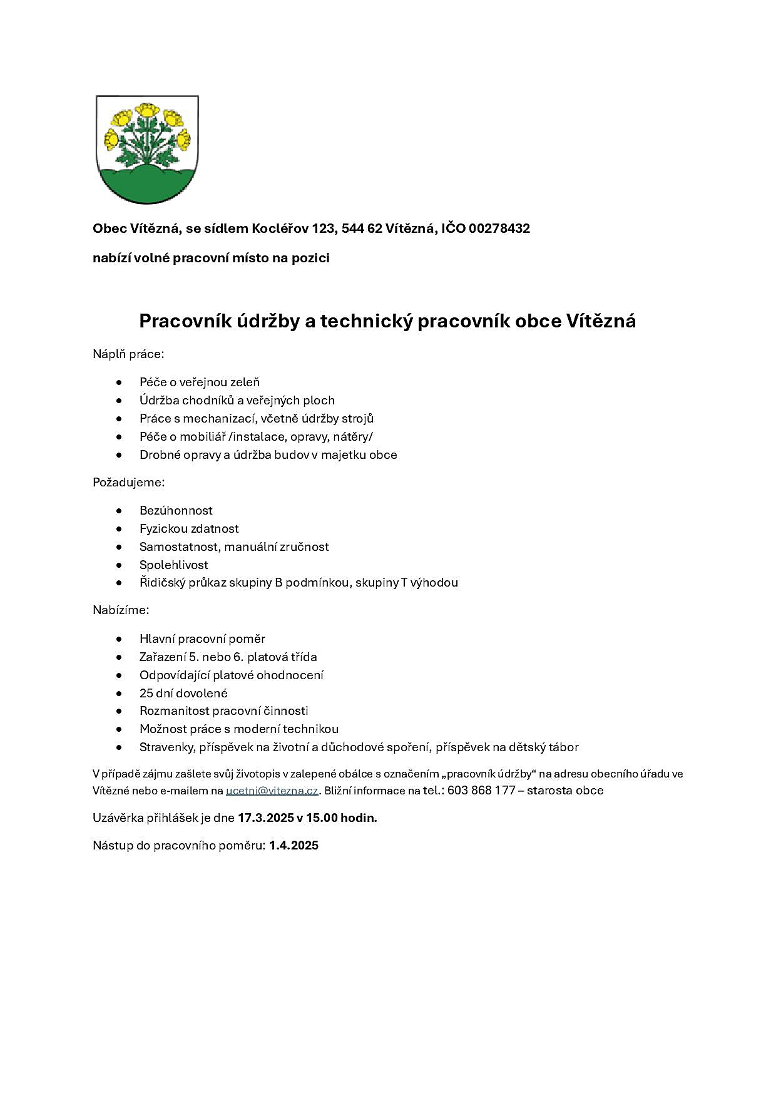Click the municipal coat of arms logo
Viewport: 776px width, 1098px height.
click(147, 149)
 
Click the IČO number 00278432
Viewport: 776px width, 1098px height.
click(499, 228)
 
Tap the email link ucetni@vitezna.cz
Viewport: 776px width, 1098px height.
click(272, 791)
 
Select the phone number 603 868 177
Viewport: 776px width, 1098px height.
click(481, 791)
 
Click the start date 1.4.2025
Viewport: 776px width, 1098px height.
click(294, 846)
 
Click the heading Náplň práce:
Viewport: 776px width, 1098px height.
click(128, 354)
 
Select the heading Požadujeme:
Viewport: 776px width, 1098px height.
click(128, 483)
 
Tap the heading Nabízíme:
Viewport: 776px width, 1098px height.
click(121, 610)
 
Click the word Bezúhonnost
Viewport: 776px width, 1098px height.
click(176, 511)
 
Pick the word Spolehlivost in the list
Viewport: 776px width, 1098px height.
click(173, 565)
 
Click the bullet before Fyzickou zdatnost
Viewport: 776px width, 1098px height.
click(119, 529)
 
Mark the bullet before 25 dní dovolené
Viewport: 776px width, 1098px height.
click(119, 694)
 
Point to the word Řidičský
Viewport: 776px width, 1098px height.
click(162, 583)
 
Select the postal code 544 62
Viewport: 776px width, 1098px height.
click(362, 228)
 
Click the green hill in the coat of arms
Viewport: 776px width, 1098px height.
click(147, 186)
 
